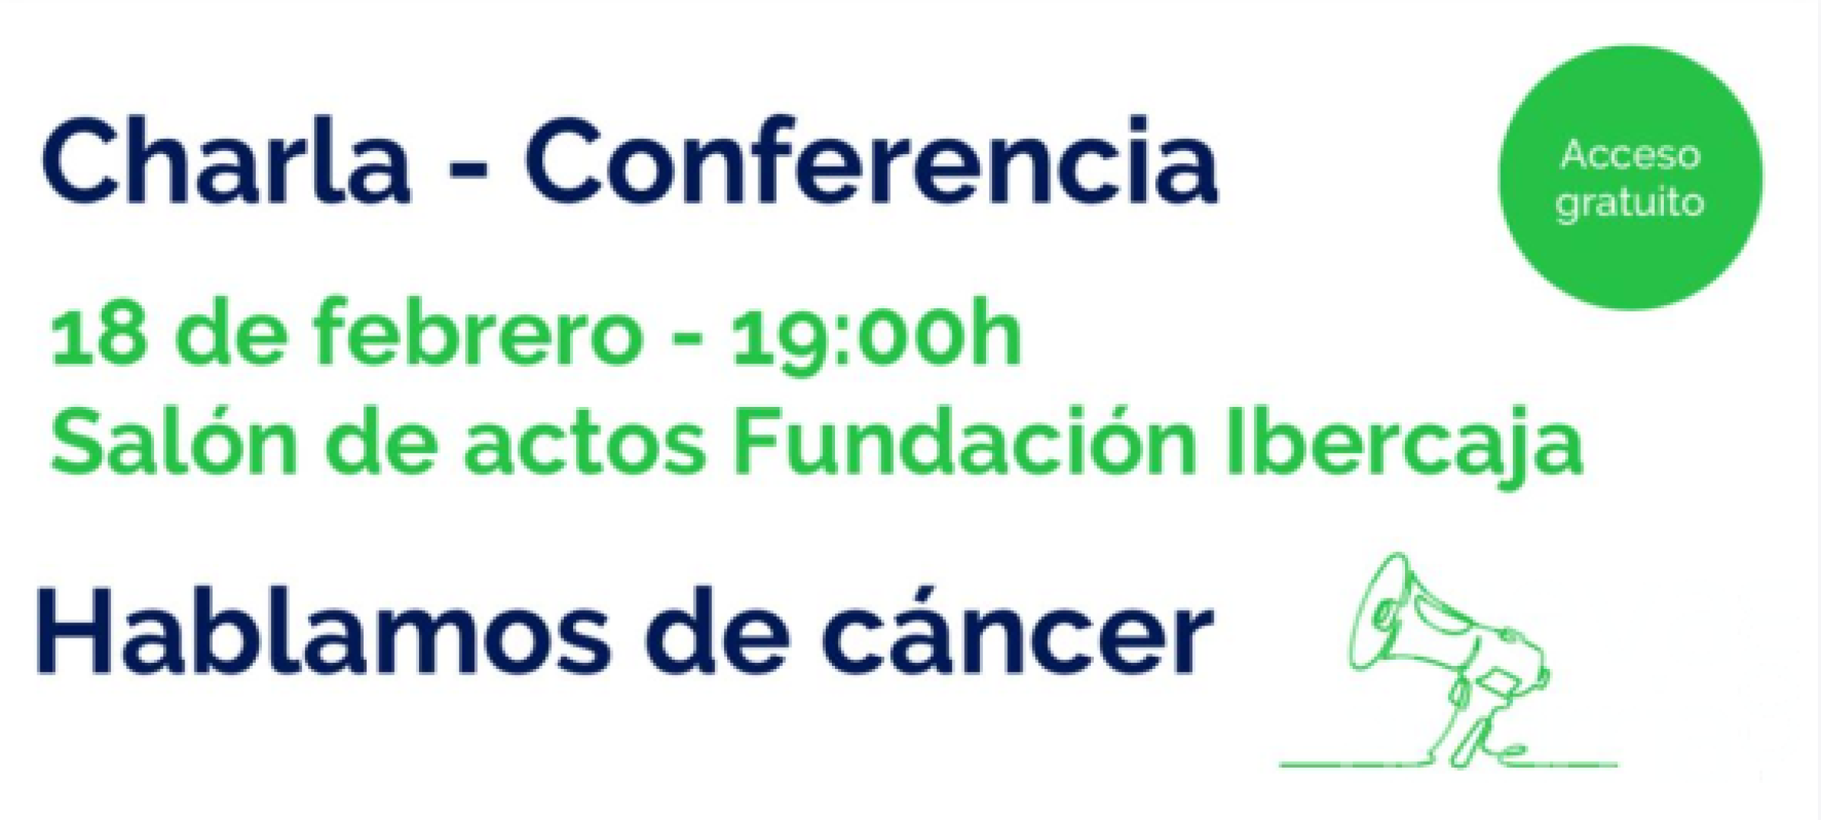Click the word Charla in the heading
click(x=226, y=160)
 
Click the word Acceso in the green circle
click(x=1630, y=156)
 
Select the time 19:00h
click(x=876, y=335)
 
